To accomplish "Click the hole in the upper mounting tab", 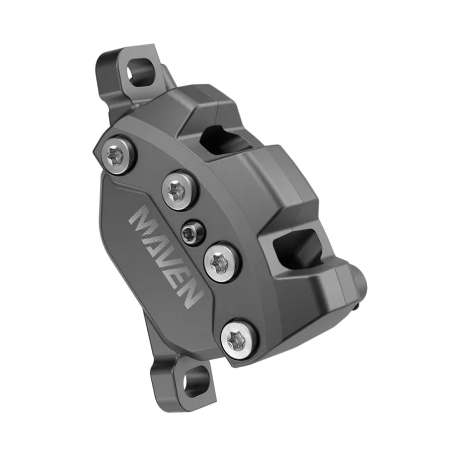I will tap(139, 69).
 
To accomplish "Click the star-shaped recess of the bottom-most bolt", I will tap(234, 337).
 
